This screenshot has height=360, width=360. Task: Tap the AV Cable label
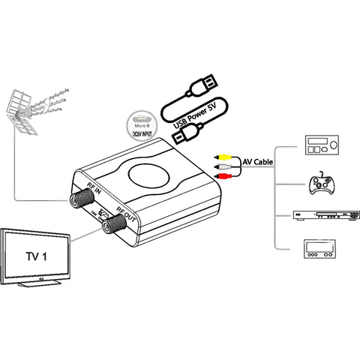pyautogui.click(x=256, y=160)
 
